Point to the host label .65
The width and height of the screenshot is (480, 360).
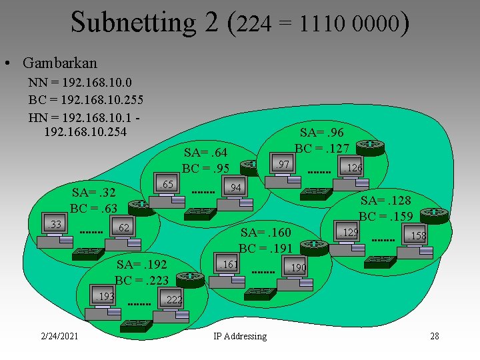point(165,184)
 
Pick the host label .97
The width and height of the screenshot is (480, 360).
point(282,164)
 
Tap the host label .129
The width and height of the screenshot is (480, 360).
point(349,233)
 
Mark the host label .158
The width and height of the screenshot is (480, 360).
point(417,236)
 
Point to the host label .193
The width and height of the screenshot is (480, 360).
point(105,295)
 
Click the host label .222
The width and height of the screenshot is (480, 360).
point(172,300)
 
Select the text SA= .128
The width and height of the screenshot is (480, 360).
point(385,200)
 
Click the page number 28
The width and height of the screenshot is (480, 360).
point(435,335)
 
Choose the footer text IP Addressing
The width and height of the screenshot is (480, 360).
point(240,336)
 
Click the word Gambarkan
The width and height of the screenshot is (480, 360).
point(59,63)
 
